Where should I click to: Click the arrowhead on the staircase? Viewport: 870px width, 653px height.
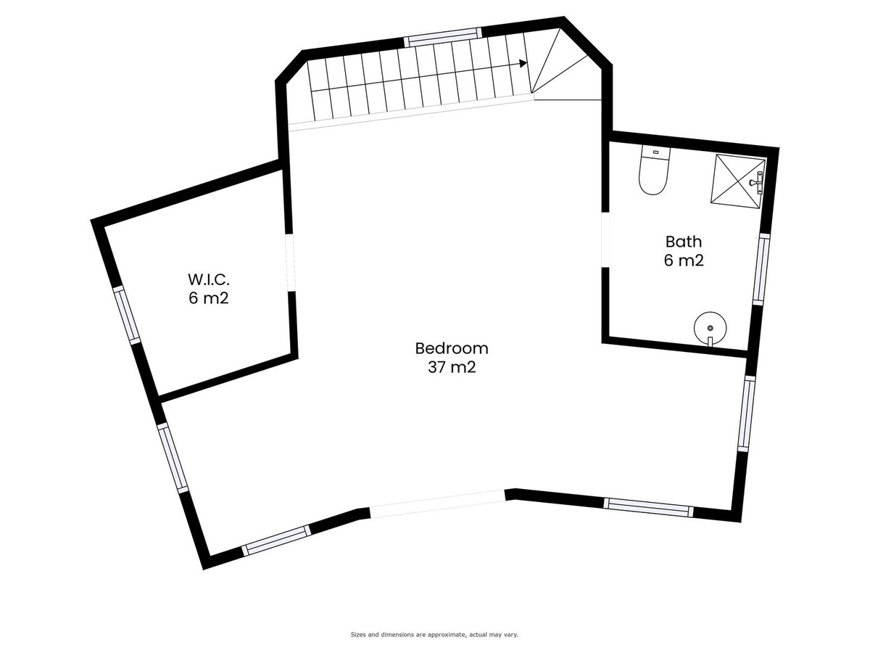coord(523,63)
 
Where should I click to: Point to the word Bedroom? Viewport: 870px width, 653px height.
coord(452,348)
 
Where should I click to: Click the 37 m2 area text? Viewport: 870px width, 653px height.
coord(452,368)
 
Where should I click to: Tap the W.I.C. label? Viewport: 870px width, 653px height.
coord(209,279)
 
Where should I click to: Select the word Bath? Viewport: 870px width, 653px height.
coord(684,242)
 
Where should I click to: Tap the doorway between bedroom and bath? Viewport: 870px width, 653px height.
coord(605,241)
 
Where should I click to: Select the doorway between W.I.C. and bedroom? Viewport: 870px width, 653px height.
coord(291,263)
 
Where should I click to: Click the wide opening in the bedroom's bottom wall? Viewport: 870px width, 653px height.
coord(438,504)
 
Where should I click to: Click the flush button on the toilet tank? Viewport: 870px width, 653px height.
coord(655,152)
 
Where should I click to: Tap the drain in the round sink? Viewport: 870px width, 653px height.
coord(710,327)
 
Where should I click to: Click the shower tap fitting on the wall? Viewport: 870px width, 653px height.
coord(757,182)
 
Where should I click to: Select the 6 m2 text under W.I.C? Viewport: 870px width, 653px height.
coord(209,298)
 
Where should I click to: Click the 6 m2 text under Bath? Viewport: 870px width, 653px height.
coord(684,260)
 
